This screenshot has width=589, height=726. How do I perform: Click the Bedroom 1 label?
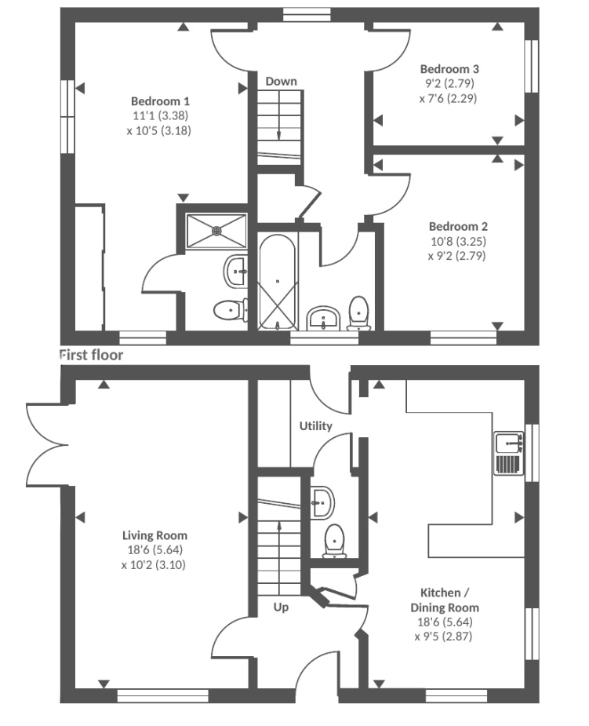tap(160, 101)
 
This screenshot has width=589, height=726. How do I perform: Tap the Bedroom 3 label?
tap(449, 69)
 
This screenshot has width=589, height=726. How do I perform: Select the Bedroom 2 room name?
tap(458, 226)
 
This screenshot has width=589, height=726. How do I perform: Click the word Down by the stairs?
tap(281, 82)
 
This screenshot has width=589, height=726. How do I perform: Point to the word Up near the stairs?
tap(281, 607)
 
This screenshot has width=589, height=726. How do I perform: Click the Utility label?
tap(315, 426)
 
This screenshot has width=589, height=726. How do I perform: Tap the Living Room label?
tap(155, 535)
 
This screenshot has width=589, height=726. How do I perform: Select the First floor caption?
tap(92, 355)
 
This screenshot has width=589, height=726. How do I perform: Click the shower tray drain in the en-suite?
tap(216, 230)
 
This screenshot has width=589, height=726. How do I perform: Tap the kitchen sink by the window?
tap(508, 453)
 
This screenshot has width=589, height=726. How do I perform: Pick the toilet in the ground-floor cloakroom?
tap(334, 541)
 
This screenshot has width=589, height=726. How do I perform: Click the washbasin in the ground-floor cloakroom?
tap(322, 502)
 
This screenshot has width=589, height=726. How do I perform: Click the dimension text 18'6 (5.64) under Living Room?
tap(155, 550)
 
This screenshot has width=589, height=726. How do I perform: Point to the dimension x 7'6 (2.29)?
tap(448, 99)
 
